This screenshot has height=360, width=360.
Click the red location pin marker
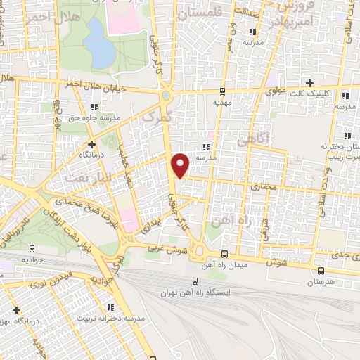(x=181, y=165)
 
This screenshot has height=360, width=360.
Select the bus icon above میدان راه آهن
(x=224, y=254)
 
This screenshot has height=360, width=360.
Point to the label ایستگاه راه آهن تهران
(x=199, y=291)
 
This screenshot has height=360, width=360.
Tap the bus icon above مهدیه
(x=223, y=91)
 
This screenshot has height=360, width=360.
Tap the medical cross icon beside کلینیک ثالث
(x=309, y=83)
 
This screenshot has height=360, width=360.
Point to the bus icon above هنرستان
(x=321, y=271)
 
